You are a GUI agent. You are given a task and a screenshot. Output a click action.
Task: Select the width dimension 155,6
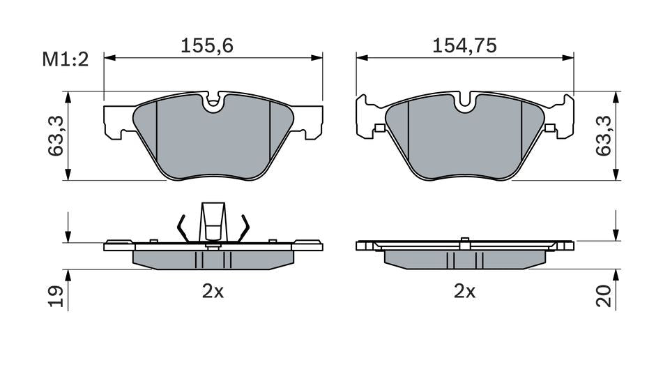[x=206, y=46]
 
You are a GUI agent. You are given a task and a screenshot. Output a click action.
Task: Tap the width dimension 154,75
[x=464, y=46]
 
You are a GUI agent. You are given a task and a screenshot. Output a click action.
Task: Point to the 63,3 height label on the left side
[x=57, y=135]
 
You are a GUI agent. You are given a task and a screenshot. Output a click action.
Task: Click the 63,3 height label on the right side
[x=604, y=135]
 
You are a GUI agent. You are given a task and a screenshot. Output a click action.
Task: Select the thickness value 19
[x=57, y=297]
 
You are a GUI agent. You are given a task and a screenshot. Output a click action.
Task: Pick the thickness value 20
[x=604, y=297]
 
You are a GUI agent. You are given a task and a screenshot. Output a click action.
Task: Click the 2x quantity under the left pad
[x=213, y=292]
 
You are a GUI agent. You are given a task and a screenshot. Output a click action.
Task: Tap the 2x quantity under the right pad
[x=464, y=292]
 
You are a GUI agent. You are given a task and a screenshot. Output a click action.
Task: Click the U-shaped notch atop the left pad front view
[x=213, y=103]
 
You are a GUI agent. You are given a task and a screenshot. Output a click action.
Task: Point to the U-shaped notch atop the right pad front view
[x=465, y=103]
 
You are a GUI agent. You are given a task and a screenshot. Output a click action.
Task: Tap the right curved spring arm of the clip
[x=244, y=228]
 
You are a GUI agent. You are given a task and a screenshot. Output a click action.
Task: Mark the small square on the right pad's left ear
[x=379, y=128]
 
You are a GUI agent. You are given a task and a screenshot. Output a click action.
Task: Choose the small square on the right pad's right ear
[x=550, y=128]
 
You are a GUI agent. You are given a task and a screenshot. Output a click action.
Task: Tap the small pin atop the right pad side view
[x=464, y=242]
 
